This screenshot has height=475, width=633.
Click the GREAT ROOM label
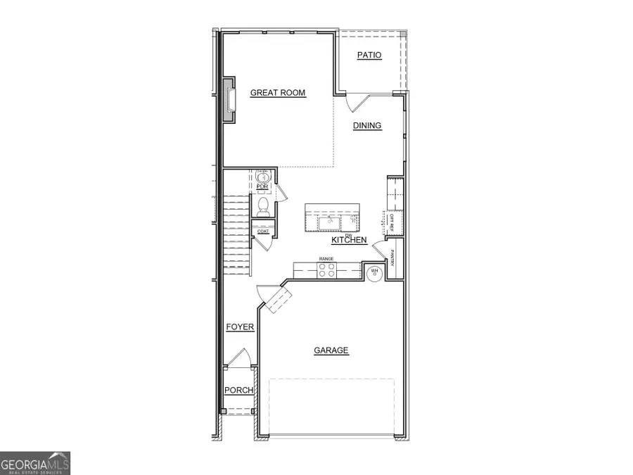tap(278, 92)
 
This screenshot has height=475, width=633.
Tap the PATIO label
tap(369, 55)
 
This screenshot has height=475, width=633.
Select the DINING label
tap(367, 126)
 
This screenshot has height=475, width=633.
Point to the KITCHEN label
tap(349, 241)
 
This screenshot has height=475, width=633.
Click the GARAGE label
tap(331, 350)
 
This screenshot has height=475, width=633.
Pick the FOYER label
tap(239, 328)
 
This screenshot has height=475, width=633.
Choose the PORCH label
tap(238, 391)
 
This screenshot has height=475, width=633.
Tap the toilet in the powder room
tap(264, 205)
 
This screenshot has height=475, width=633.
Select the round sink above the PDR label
tap(263, 178)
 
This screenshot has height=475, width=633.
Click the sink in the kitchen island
tap(328, 223)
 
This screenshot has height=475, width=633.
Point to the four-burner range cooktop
tap(326, 270)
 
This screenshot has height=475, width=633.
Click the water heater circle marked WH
tap(375, 273)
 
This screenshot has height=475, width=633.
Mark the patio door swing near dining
tap(359, 103)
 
